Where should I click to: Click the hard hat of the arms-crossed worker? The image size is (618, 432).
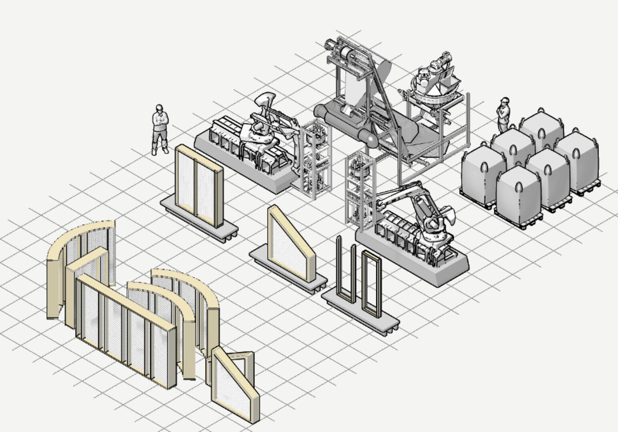pyautogui.click(x=159, y=108)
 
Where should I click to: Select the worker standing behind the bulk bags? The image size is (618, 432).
pyautogui.click(x=503, y=115)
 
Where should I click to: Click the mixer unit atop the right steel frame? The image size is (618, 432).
pyautogui.click(x=433, y=80)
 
